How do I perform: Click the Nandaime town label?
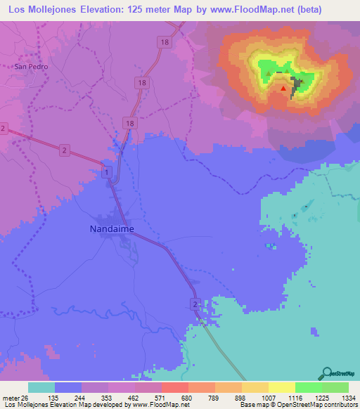point(112,228)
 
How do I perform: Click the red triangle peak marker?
point(283,89)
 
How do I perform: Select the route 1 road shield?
point(106,172)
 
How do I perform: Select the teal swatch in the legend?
point(41,387)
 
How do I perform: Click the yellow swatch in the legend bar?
point(281,387)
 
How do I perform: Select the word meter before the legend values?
point(11,397)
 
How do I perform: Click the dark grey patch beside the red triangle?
point(297,85)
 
